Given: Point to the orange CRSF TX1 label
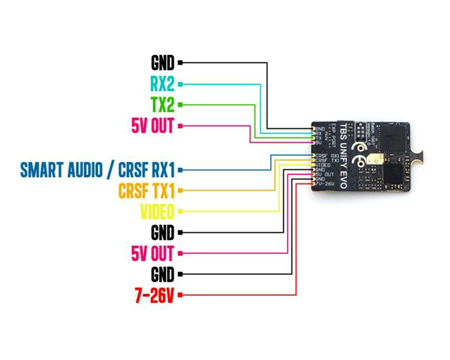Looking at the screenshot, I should click(x=147, y=191).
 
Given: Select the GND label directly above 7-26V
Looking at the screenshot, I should click(x=163, y=275).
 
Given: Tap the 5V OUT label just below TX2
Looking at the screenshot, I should click(x=153, y=127).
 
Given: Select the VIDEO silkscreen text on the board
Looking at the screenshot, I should click(x=323, y=165).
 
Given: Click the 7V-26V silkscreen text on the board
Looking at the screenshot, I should click(x=325, y=184).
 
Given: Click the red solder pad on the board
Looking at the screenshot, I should click(x=312, y=184).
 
